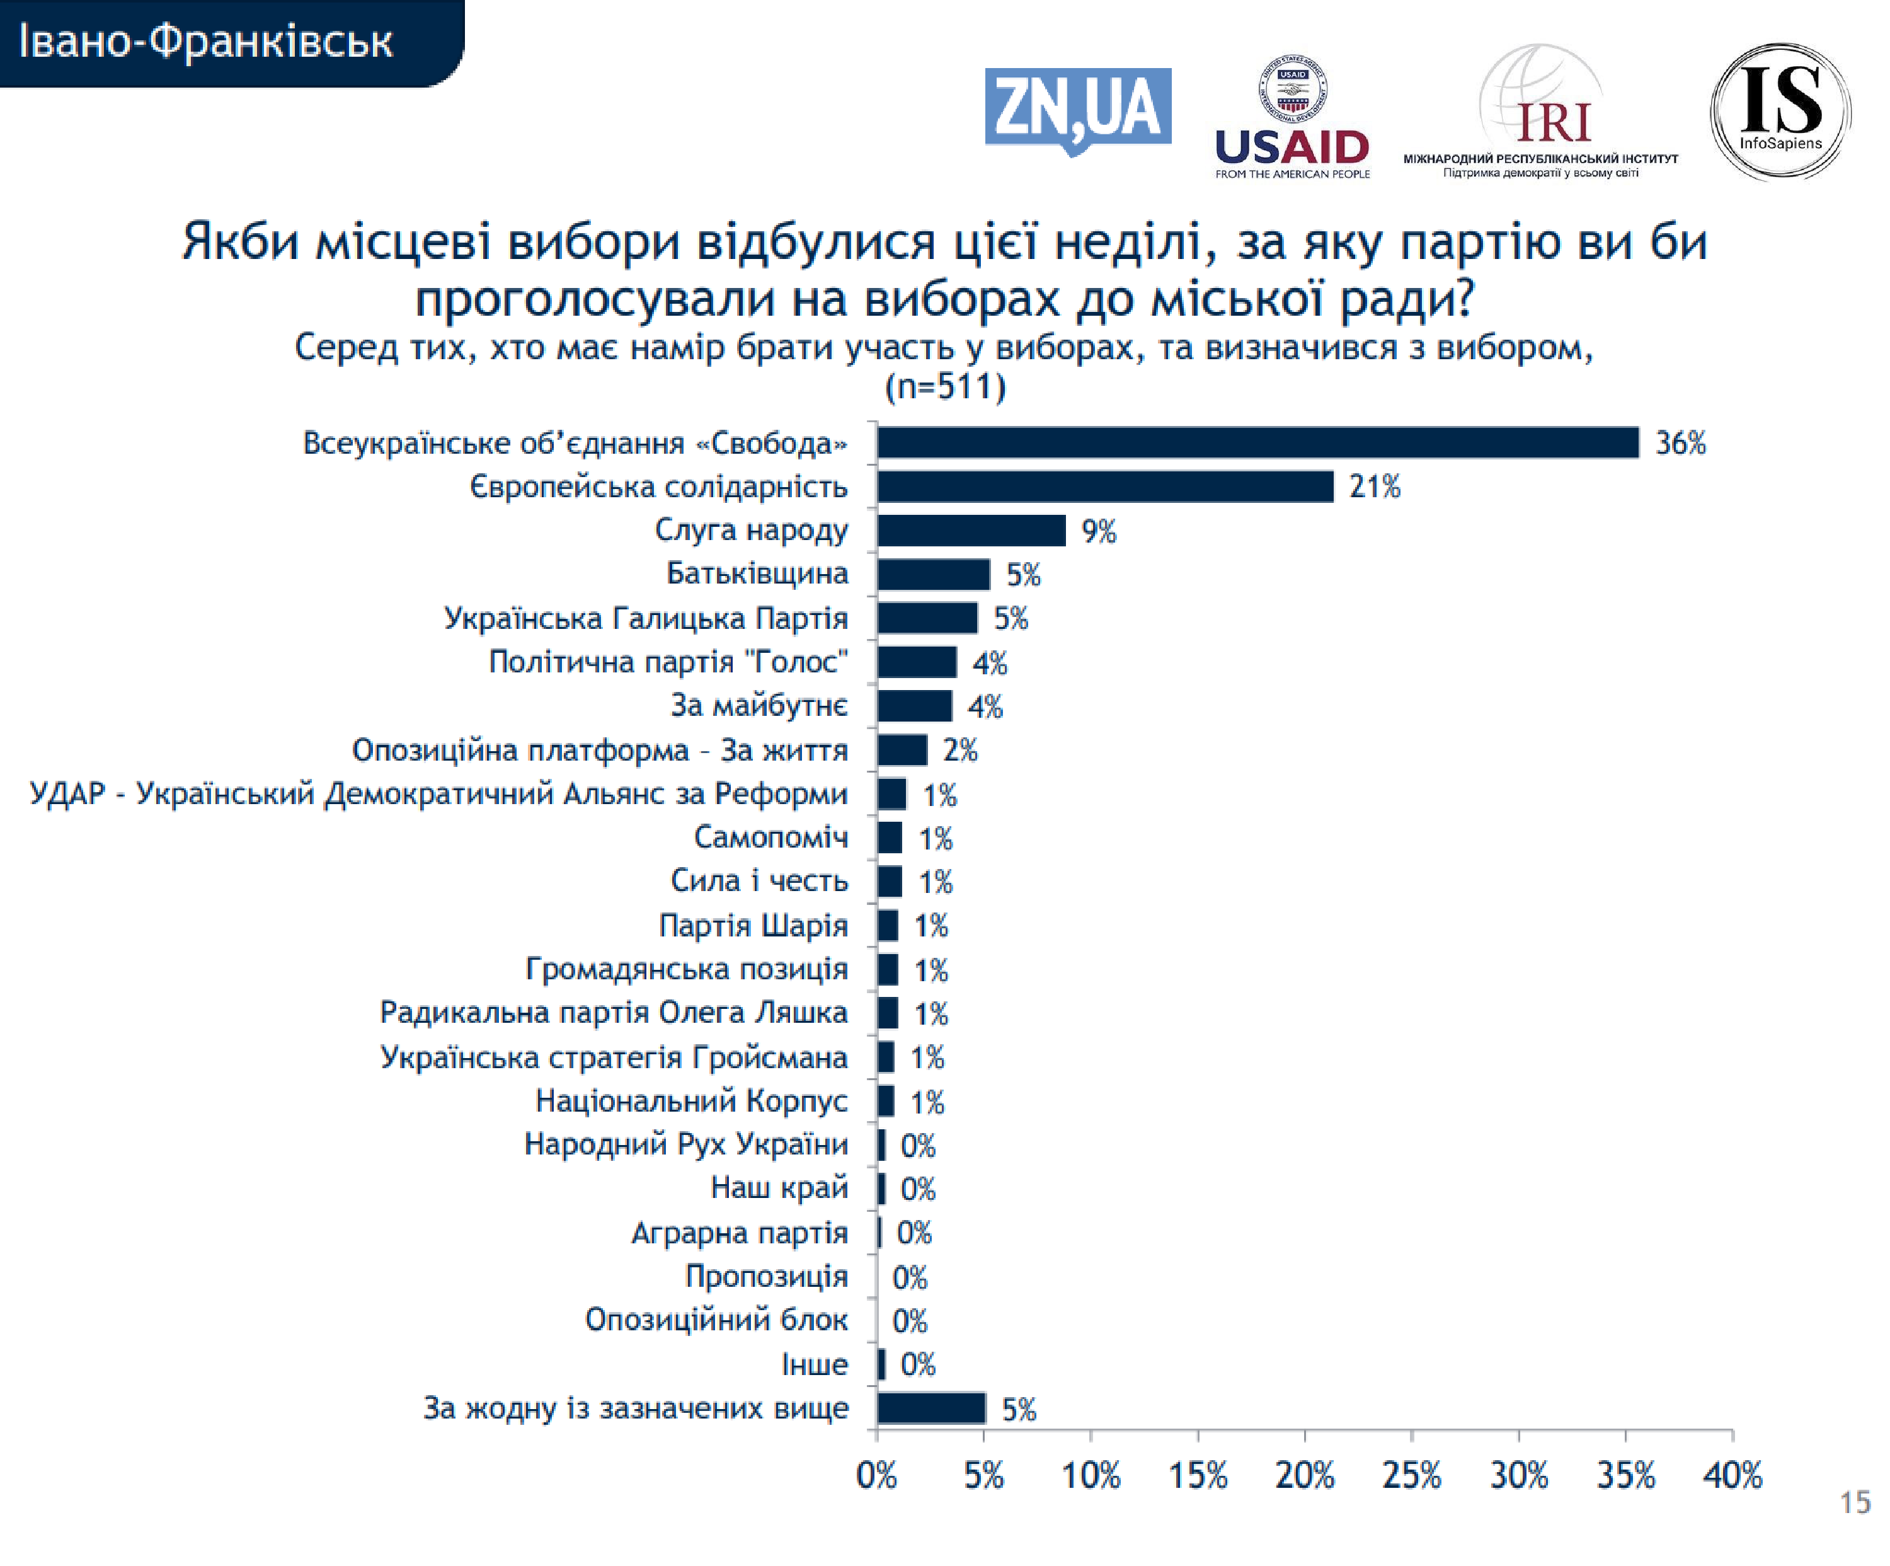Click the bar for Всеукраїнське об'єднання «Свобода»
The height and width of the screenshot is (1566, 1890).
click(1257, 443)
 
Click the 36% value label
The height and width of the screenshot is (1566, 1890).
click(1680, 444)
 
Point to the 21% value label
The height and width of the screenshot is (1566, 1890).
click(1374, 487)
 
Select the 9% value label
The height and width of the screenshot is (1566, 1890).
click(1098, 532)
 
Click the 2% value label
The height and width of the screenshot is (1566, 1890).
click(959, 751)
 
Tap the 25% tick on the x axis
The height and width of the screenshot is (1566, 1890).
click(1411, 1476)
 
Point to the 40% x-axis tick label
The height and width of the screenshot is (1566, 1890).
click(1732, 1476)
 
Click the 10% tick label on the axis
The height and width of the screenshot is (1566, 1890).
click(1091, 1476)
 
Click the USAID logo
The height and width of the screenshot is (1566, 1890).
click(1291, 117)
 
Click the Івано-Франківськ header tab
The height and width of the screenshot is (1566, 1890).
click(207, 42)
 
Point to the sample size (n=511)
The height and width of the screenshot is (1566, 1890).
click(945, 387)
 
